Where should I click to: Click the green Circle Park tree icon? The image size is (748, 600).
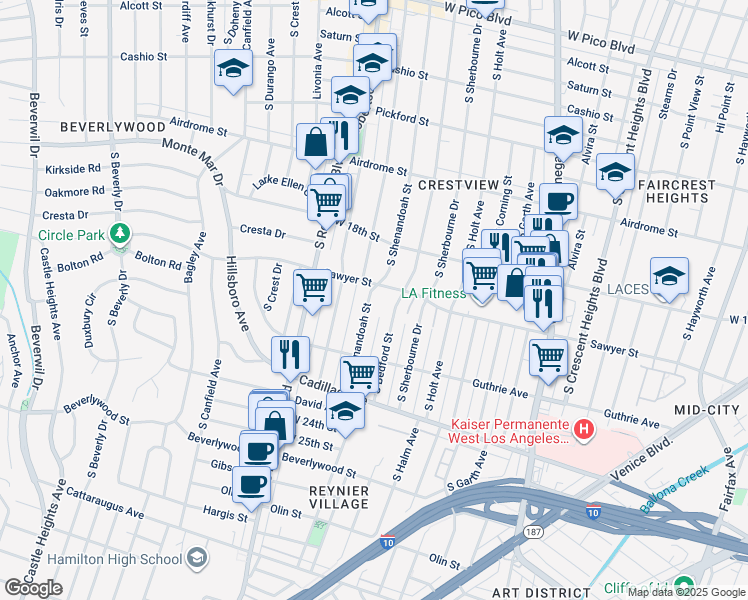point(121,235)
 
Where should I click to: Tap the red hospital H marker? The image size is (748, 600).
point(584,431)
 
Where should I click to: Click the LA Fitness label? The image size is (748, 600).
point(433,293)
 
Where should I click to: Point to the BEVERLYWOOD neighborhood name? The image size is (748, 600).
point(111,128)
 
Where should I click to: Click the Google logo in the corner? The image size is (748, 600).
point(33,588)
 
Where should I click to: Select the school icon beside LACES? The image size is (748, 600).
point(669,277)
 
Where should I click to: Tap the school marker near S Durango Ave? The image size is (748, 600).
point(232,69)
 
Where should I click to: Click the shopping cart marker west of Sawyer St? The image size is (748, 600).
point(313,288)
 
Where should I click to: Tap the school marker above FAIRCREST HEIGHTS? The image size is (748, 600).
point(614,171)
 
